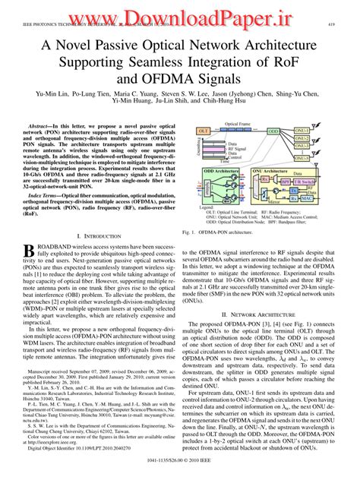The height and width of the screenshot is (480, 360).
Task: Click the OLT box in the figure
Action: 204,131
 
